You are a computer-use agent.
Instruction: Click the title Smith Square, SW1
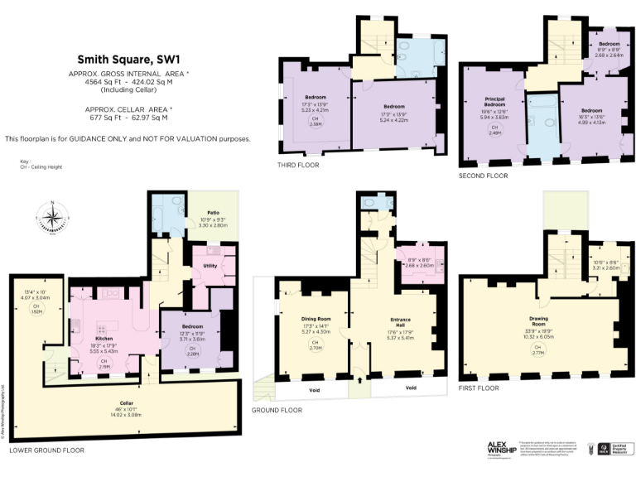128,59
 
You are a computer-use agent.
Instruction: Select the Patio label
214,219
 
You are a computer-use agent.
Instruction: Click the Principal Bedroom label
494,102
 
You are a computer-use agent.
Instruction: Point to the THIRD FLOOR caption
298,166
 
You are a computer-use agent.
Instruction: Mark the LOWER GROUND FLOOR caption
46,450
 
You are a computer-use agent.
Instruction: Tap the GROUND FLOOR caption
277,410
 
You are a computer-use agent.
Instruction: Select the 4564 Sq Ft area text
128,83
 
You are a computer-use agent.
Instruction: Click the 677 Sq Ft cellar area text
128,118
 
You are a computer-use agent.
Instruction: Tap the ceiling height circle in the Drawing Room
538,352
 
